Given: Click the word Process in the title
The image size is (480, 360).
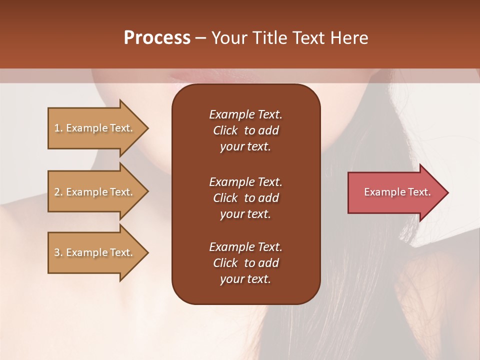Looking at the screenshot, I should pos(157,38).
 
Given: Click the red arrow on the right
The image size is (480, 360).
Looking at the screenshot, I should pos(395,192).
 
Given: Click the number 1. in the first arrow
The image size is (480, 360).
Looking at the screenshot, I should pos(58,128).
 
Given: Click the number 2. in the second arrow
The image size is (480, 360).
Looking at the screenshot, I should pos(58,192).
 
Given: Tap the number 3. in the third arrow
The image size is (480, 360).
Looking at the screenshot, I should pos(58,252).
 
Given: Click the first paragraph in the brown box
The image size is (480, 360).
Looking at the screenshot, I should pos(245,130).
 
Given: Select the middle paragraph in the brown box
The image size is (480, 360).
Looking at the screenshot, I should pos(245,197).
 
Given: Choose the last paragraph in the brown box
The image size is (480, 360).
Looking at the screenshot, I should pos(245,263).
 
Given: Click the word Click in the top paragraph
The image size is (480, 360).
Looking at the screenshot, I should pos(225,130).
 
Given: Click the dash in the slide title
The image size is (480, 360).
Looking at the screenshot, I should pos(200,38).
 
